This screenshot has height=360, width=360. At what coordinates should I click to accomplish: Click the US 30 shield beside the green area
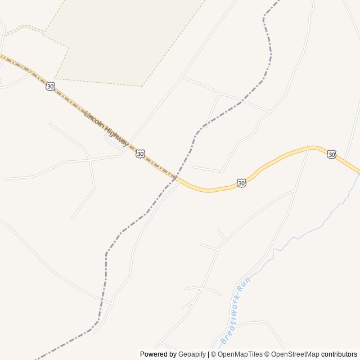[x=51, y=86]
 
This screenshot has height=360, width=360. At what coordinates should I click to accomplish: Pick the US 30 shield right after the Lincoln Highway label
[x=140, y=153]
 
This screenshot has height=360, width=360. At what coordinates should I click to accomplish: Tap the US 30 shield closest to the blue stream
[x=331, y=154]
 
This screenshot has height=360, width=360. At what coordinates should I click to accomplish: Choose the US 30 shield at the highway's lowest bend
[x=241, y=183]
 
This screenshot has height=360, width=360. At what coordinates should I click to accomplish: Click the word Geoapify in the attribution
[x=192, y=354]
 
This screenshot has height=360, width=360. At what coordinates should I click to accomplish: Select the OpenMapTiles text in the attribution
[x=240, y=354]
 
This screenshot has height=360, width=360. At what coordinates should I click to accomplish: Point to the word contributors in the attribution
[x=339, y=354]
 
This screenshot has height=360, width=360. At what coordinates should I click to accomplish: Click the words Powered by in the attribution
[x=158, y=354]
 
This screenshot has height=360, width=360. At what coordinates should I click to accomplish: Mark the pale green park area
[x=124, y=39]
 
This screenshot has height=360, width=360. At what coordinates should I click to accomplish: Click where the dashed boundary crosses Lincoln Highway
[x=175, y=178]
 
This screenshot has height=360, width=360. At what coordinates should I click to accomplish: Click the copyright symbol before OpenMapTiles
[x=214, y=354]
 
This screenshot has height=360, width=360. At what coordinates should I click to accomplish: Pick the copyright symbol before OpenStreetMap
[x=268, y=354]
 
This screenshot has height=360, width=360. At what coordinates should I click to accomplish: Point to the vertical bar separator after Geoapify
[x=209, y=354]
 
